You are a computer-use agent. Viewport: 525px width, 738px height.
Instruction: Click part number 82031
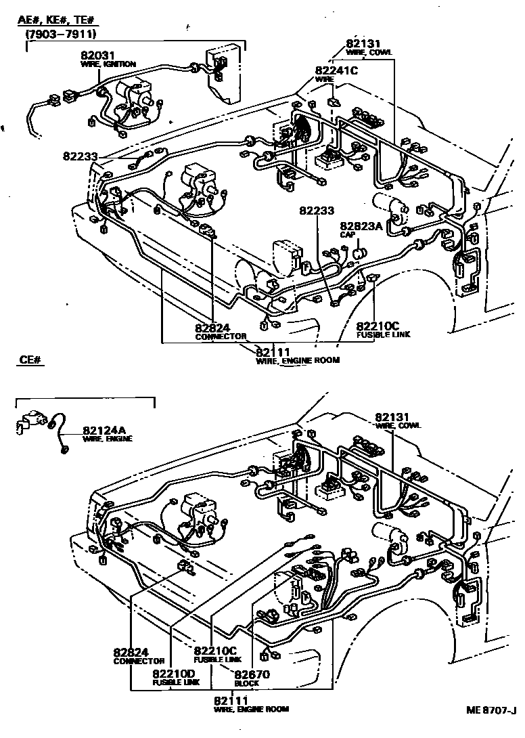click(96, 56)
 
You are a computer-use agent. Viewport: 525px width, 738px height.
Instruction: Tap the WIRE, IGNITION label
click(108, 64)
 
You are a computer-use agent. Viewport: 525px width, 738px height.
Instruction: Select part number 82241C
click(336, 70)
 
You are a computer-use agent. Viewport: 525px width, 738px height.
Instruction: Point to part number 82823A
click(362, 226)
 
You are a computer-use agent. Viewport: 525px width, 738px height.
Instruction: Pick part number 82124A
click(104, 430)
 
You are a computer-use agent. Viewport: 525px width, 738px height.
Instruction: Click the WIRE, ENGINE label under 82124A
click(108, 439)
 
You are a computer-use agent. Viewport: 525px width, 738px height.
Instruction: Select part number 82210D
click(173, 674)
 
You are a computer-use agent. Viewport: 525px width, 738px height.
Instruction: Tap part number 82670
click(252, 674)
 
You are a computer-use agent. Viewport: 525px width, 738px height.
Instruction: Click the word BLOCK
click(247, 683)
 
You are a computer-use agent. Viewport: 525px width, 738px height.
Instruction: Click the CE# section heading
click(31, 361)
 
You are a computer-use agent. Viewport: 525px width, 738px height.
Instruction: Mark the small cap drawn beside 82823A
click(360, 253)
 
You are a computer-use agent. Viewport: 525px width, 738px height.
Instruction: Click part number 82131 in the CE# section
click(393, 416)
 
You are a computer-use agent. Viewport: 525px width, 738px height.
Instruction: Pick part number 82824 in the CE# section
click(131, 652)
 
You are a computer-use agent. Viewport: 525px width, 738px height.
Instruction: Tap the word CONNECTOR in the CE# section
click(139, 661)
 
